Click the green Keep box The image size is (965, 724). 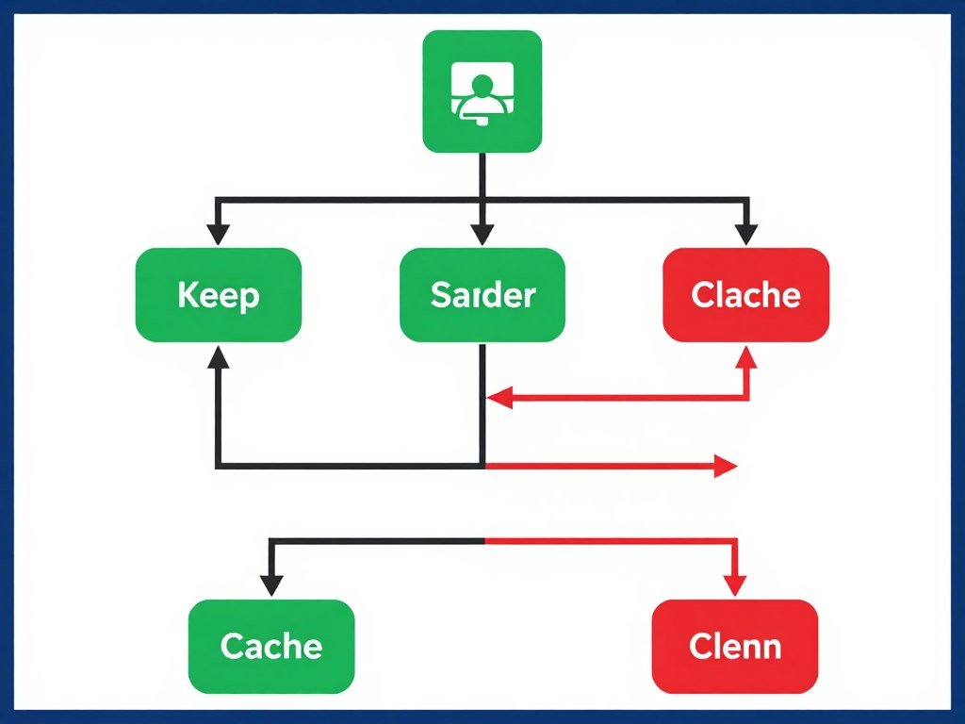tap(218, 295)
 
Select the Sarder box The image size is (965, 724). tap(482, 295)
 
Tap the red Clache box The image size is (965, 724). tap(745, 295)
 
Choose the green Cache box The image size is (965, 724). tap(271, 647)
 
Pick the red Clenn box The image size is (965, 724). tap(735, 647)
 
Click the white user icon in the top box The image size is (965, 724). tap(482, 91)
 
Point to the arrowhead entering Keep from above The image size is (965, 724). tap(219, 234)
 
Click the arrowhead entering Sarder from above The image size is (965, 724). tap(482, 234)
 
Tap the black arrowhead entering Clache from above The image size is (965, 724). tap(746, 234)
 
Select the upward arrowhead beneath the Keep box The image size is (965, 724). tap(219, 356)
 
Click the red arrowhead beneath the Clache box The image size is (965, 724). tap(746, 357)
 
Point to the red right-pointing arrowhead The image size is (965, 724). tap(725, 466)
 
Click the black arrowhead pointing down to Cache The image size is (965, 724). tap(271, 584)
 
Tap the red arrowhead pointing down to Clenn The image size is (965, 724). tap(735, 584)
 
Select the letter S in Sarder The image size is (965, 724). tap(440, 295)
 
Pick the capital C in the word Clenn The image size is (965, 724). tap(698, 647)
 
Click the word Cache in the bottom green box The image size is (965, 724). tap(271, 647)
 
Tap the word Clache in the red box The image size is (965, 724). tap(745, 295)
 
